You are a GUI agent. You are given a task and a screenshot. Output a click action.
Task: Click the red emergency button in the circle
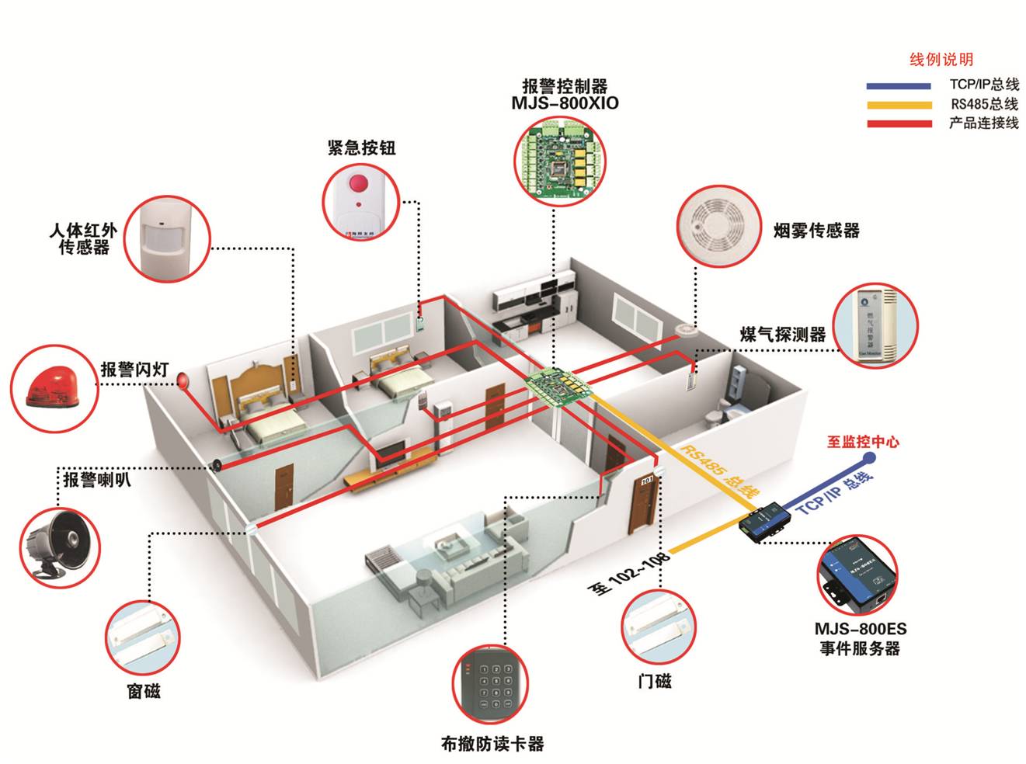(x=358, y=185)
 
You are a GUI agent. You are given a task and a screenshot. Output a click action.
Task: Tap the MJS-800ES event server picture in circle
(x=858, y=575)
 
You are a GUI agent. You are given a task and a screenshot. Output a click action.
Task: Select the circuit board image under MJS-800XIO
(x=560, y=161)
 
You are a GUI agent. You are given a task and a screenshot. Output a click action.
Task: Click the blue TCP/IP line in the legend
(x=899, y=85)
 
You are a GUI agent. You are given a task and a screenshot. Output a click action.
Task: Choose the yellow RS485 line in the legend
(x=899, y=105)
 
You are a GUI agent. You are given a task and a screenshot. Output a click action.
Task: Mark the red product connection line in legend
(x=899, y=123)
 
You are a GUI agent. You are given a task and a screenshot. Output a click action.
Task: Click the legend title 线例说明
(x=941, y=60)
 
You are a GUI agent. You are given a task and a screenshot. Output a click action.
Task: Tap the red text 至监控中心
(x=862, y=442)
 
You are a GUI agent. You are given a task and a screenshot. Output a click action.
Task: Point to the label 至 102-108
(x=628, y=575)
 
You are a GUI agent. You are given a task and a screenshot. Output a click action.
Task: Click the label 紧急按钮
(x=361, y=148)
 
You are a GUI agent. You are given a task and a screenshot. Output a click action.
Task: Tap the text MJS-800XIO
(x=565, y=103)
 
